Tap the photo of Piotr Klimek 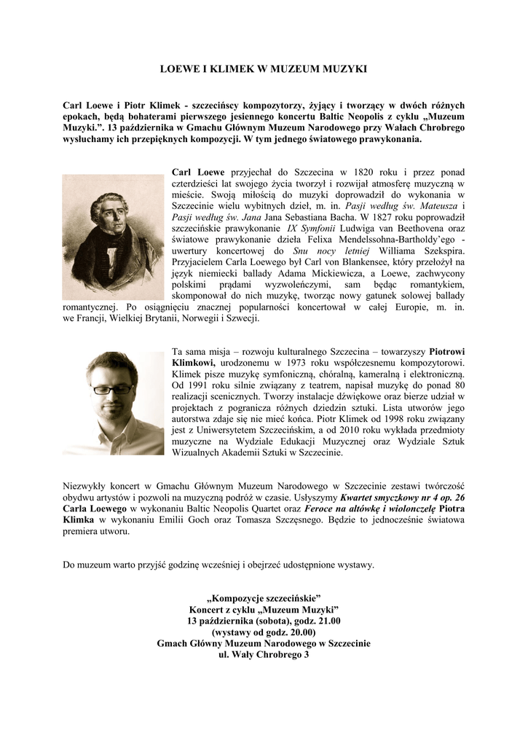113,403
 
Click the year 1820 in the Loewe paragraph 340,173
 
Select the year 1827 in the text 376,216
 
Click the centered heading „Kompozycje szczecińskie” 264,597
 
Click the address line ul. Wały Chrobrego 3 264,654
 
